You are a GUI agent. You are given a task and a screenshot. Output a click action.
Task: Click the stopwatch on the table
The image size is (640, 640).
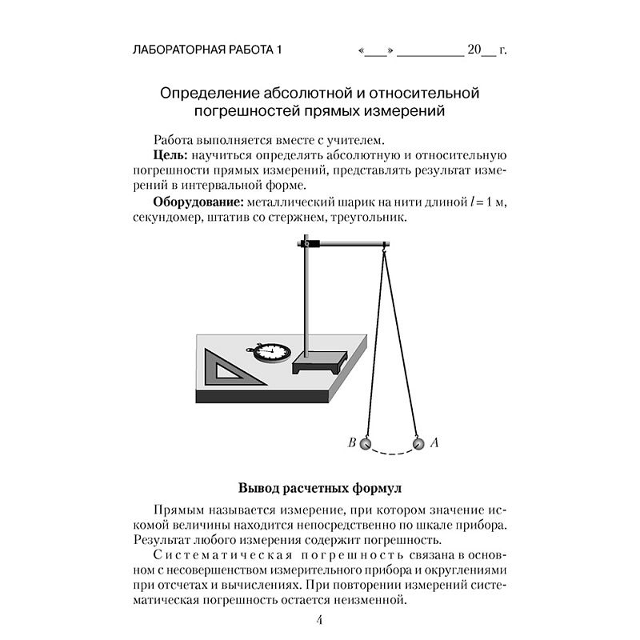point(266,350)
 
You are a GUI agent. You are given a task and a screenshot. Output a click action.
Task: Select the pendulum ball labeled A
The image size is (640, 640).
point(417,443)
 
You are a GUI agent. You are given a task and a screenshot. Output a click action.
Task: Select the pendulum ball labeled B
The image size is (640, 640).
point(365,443)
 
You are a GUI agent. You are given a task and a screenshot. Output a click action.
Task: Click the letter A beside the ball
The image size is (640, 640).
point(434,442)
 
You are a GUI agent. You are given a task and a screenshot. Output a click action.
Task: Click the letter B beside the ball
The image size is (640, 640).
point(350,442)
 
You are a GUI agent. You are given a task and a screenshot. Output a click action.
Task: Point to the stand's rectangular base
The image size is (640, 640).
point(319,362)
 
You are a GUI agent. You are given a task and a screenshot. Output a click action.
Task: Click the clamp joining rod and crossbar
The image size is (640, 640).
point(308,243)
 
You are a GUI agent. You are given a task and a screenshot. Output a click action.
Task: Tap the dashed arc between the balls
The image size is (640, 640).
point(390,454)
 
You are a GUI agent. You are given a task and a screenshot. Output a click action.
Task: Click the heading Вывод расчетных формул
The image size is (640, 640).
point(319,487)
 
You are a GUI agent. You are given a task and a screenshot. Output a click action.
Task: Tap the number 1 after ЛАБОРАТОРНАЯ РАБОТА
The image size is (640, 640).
point(279,51)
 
